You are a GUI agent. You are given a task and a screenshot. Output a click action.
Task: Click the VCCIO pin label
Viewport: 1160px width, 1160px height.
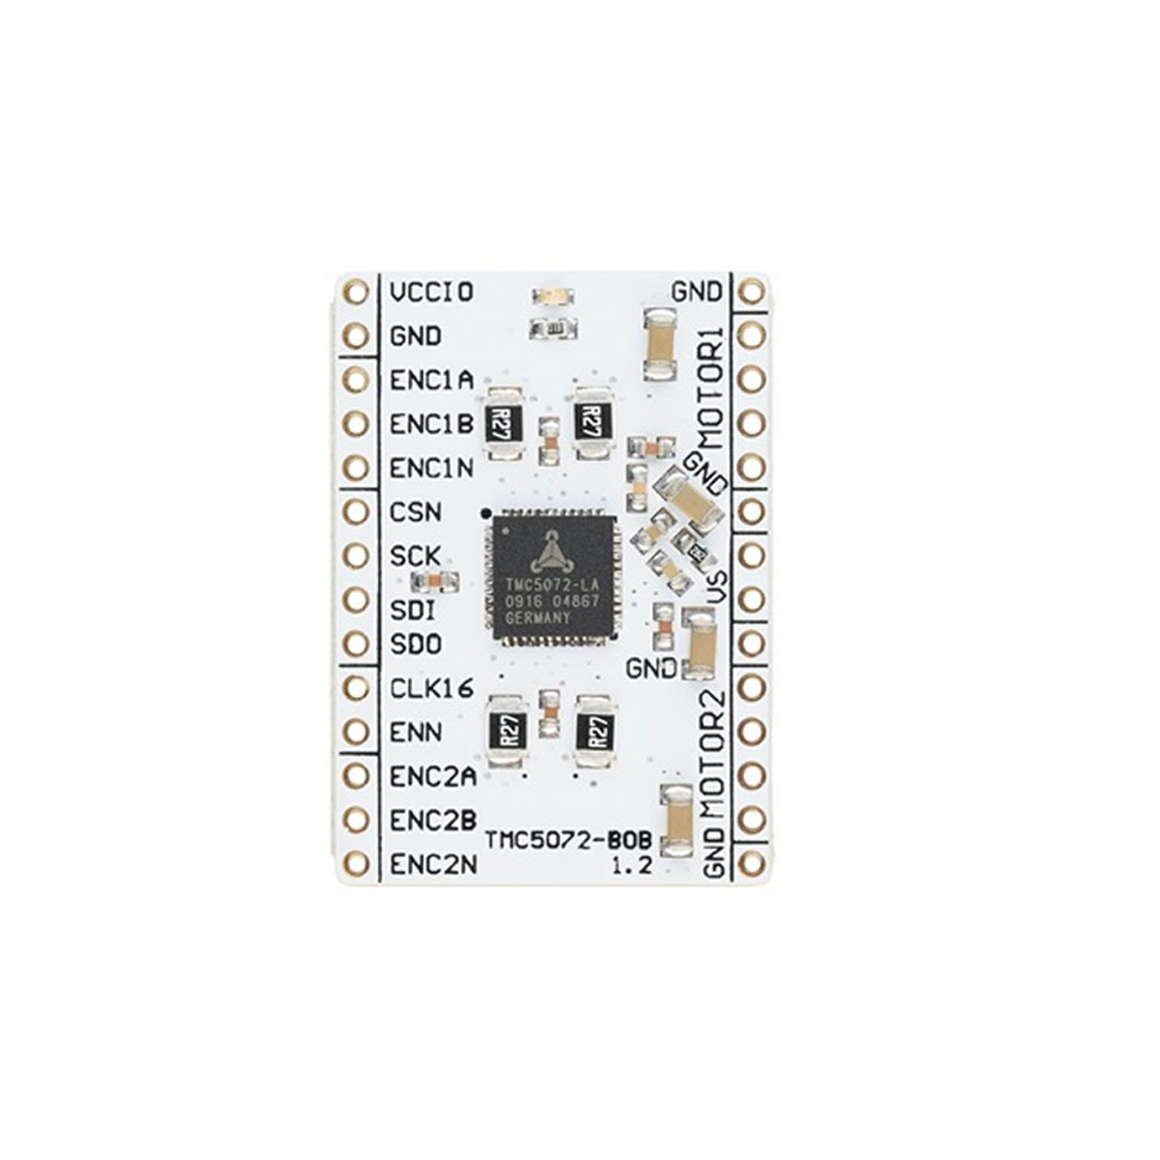tap(432, 293)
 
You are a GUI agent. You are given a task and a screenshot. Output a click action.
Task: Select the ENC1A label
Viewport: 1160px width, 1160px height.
tap(431, 381)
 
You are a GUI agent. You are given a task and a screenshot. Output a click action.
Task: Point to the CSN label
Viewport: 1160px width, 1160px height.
tap(416, 513)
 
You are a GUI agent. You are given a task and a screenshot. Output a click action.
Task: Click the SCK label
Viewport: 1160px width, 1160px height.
tap(416, 557)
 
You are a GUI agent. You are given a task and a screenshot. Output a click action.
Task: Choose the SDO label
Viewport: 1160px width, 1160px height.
tap(416, 645)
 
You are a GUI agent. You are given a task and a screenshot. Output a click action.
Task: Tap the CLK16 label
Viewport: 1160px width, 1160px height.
tap(432, 688)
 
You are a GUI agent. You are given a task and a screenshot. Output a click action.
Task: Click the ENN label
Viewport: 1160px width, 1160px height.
tap(416, 733)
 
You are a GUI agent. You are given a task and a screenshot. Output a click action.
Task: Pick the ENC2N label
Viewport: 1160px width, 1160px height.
tap(433, 865)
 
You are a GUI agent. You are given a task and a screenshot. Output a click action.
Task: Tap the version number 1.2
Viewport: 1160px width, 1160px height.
tap(632, 865)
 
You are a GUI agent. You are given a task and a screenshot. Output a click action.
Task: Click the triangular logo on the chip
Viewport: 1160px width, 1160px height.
tap(548, 550)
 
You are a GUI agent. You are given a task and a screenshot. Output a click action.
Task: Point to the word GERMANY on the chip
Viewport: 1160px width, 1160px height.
tap(537, 618)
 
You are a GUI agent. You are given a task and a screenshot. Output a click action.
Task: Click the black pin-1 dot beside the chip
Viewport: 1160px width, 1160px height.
tap(485, 513)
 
